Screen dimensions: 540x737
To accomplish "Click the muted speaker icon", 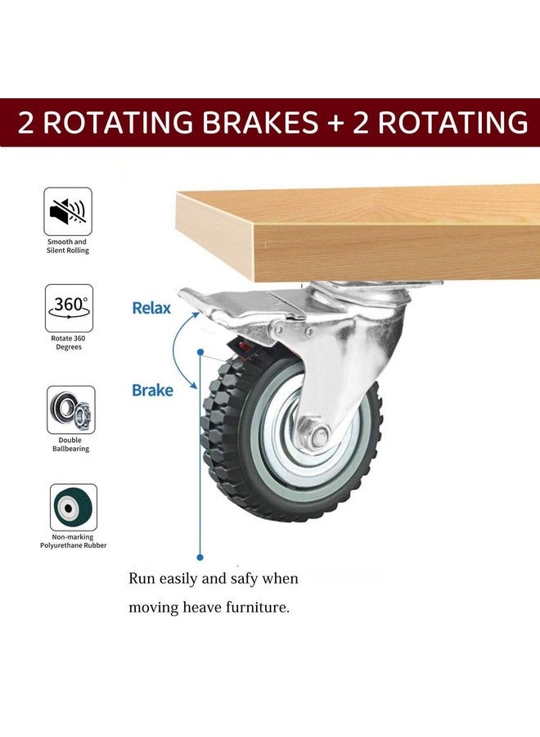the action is coord(68,211).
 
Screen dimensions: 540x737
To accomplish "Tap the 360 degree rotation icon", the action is coord(69,309).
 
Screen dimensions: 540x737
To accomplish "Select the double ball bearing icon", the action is coord(71,410).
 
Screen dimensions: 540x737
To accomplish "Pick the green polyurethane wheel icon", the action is coord(74,508).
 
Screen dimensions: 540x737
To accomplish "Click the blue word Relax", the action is coord(151,309).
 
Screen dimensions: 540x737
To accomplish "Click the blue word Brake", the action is coord(152,390).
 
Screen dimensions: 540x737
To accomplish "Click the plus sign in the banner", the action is coord(335,123).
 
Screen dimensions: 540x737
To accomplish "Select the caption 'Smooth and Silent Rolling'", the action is coord(68,246).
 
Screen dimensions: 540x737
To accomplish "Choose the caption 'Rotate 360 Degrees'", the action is coord(69,342).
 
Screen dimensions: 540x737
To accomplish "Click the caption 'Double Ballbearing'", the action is coord(70,444).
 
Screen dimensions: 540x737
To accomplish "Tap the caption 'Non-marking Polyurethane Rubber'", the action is coord(74,541).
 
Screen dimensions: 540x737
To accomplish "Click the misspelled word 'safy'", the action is coord(244,579).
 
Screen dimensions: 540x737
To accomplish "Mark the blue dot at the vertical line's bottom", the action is coord(200,558).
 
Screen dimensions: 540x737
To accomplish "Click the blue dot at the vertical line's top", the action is coord(200,352).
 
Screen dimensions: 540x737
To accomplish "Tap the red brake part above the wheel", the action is coord(243,349).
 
